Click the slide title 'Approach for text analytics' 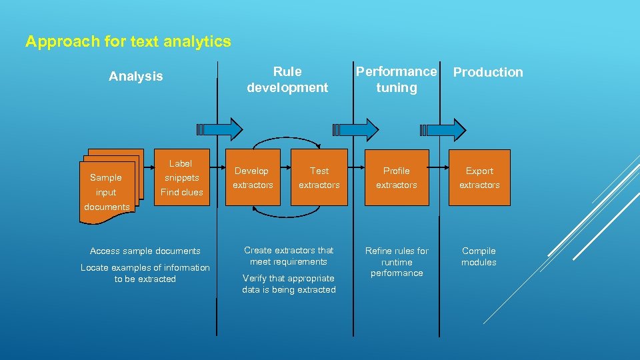128,42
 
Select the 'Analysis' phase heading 135,77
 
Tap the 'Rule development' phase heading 287,79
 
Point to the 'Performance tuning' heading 396,79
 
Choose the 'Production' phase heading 488,72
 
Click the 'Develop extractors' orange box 253,177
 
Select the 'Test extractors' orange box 319,177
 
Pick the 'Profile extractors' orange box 396,177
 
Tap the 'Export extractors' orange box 479,177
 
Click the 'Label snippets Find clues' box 181,177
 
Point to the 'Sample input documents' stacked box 108,183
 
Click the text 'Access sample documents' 145,251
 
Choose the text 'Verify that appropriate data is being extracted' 289,284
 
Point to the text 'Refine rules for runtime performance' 397,262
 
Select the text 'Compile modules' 479,257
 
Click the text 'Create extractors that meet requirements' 289,256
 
